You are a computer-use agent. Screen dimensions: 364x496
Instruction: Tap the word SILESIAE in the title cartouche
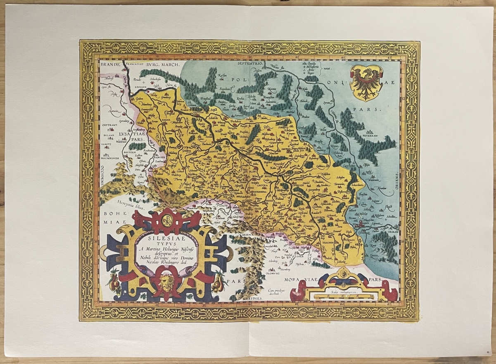point(168,238)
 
